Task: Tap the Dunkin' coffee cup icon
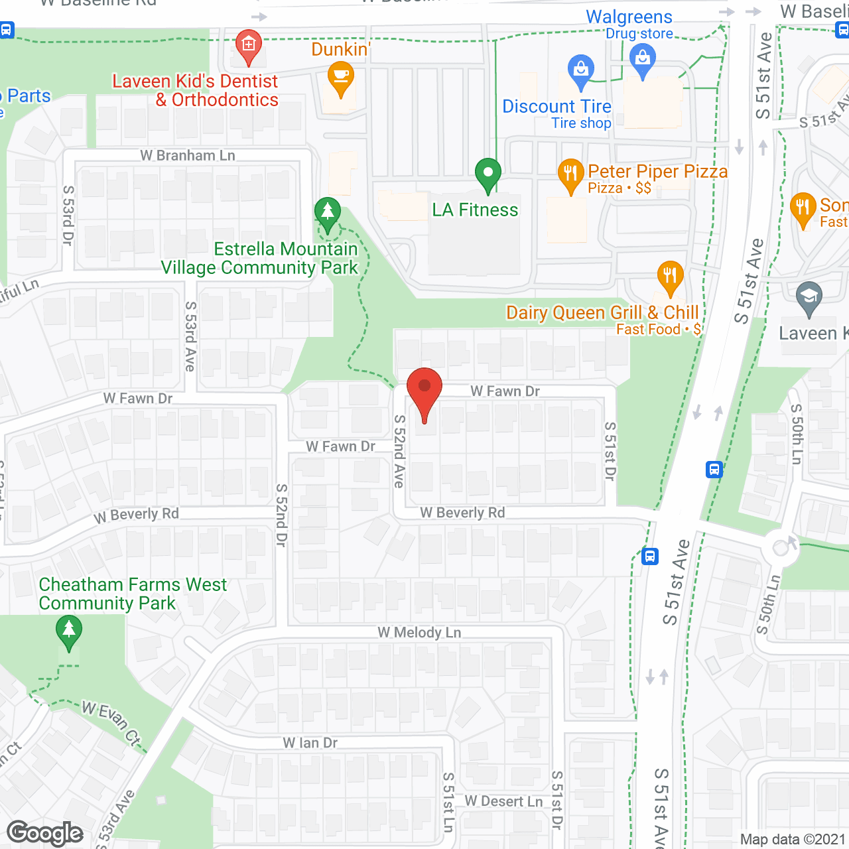340,78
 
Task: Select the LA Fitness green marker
488,175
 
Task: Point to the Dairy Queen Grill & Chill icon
670,277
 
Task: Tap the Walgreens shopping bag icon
642,60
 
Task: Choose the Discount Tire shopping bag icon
581,70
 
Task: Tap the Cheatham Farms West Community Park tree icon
69,631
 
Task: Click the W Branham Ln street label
188,156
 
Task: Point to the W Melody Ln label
419,633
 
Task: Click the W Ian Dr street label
310,744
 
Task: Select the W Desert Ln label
503,801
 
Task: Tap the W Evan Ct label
111,722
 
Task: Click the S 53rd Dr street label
68,216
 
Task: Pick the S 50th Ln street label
797,434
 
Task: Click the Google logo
45,833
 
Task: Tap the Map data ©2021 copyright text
793,840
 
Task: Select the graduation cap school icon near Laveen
809,298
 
